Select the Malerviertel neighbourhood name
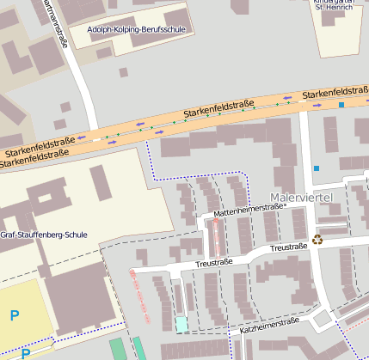(300, 198)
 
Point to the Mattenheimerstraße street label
(249, 210)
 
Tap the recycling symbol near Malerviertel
(317, 240)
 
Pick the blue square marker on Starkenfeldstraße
(341, 105)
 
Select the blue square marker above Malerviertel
(317, 168)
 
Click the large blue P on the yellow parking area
(15, 315)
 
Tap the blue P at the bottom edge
(25, 353)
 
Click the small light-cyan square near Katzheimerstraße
(181, 324)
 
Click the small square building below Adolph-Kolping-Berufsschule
(123, 72)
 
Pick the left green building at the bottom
(117, 348)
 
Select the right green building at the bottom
(138, 347)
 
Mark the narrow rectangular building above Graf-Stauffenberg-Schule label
(100, 181)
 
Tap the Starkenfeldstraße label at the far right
(335, 91)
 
